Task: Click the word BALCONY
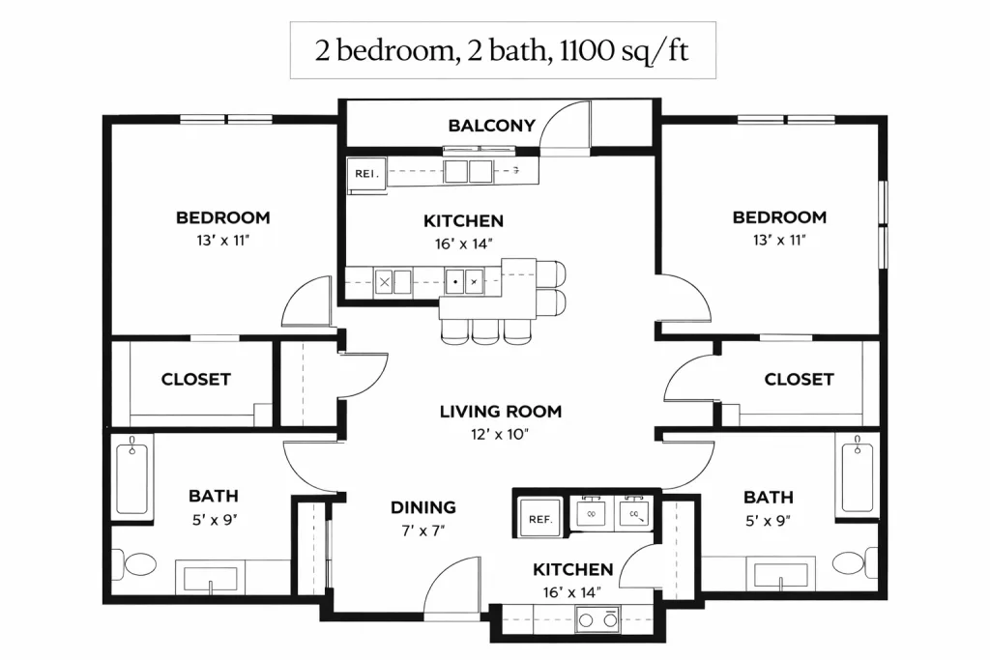491,126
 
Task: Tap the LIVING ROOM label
501,412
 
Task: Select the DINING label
423,507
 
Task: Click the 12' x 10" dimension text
500,434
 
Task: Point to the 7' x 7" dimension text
423,531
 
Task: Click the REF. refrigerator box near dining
540,518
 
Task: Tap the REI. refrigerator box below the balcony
366,174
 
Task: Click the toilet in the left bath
134,564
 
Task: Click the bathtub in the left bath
131,477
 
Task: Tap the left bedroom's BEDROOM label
223,217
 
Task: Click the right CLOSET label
799,379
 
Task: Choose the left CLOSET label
195,379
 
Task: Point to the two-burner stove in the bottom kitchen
597,619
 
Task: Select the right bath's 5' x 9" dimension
769,521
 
